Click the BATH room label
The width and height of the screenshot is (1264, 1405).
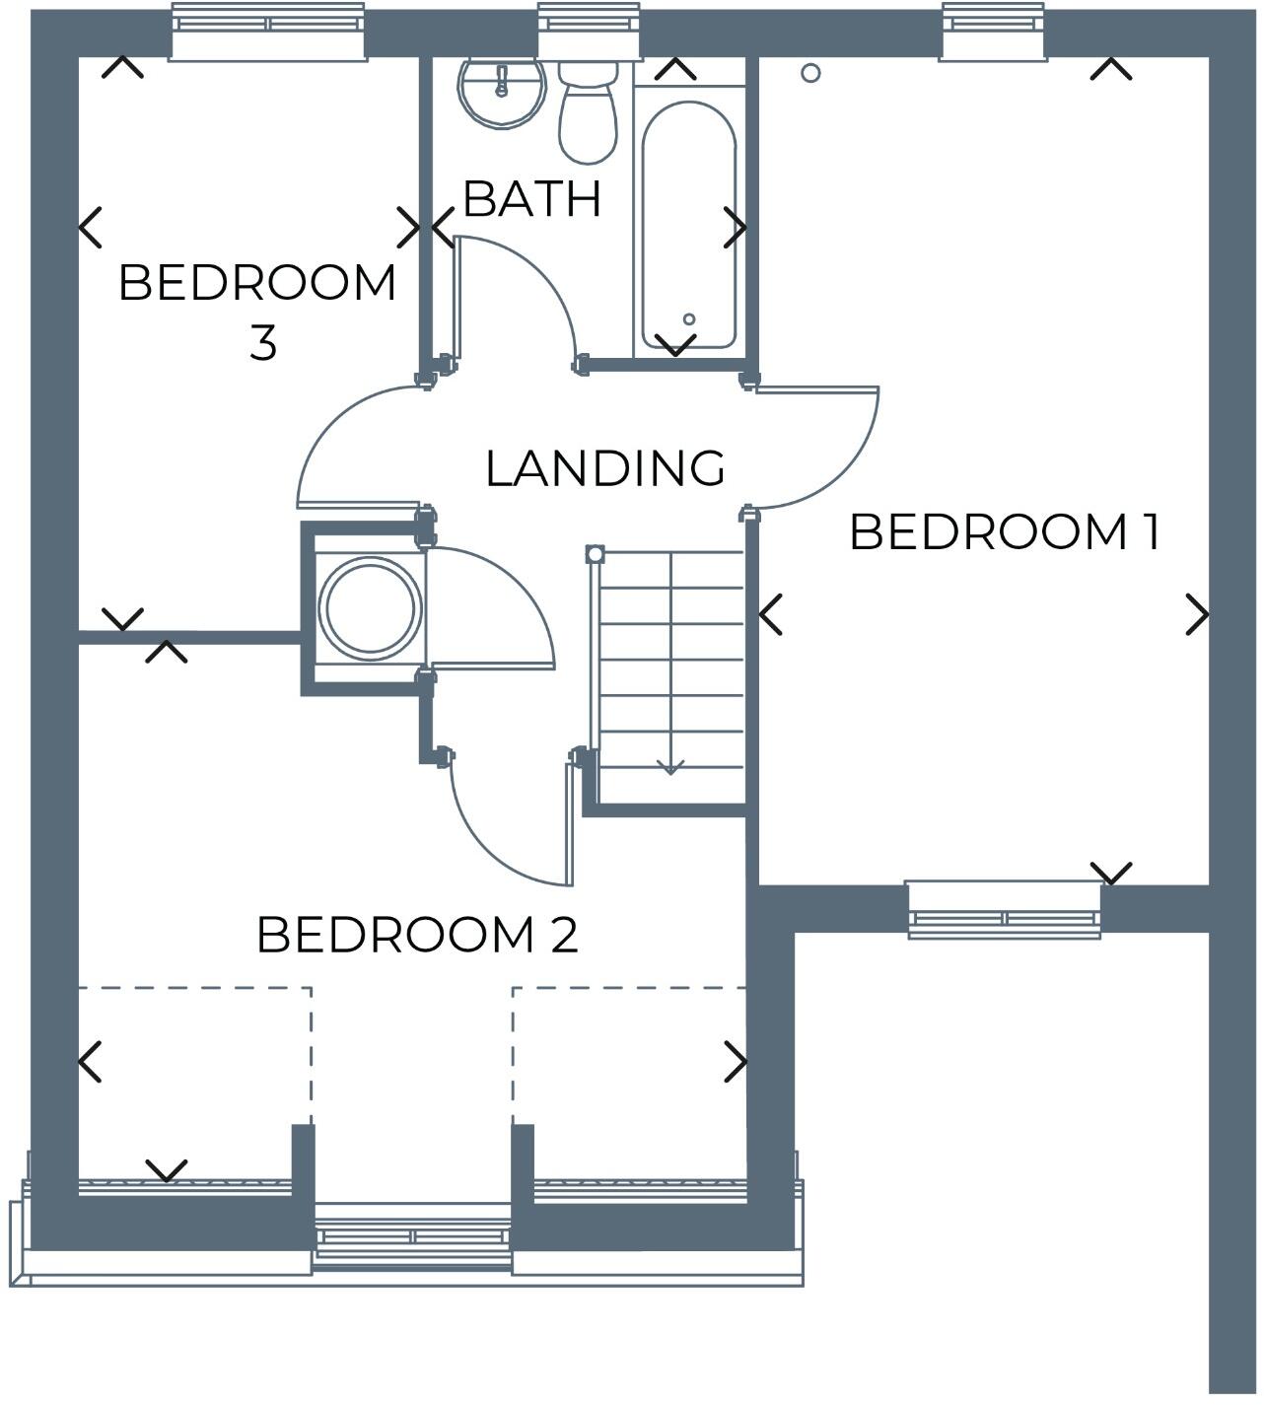[531, 199]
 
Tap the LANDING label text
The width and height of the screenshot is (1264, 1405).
[605, 468]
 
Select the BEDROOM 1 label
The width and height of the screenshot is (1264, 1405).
[1004, 532]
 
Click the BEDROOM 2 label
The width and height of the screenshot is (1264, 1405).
[417, 935]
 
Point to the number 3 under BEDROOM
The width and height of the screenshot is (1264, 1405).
[262, 343]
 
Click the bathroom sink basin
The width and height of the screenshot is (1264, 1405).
[501, 90]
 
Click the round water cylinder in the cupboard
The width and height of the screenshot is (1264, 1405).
[370, 608]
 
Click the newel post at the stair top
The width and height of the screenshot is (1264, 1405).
[595, 554]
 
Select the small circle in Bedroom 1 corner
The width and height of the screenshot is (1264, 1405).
[810, 73]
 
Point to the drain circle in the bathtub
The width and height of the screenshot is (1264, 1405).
[689, 318]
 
